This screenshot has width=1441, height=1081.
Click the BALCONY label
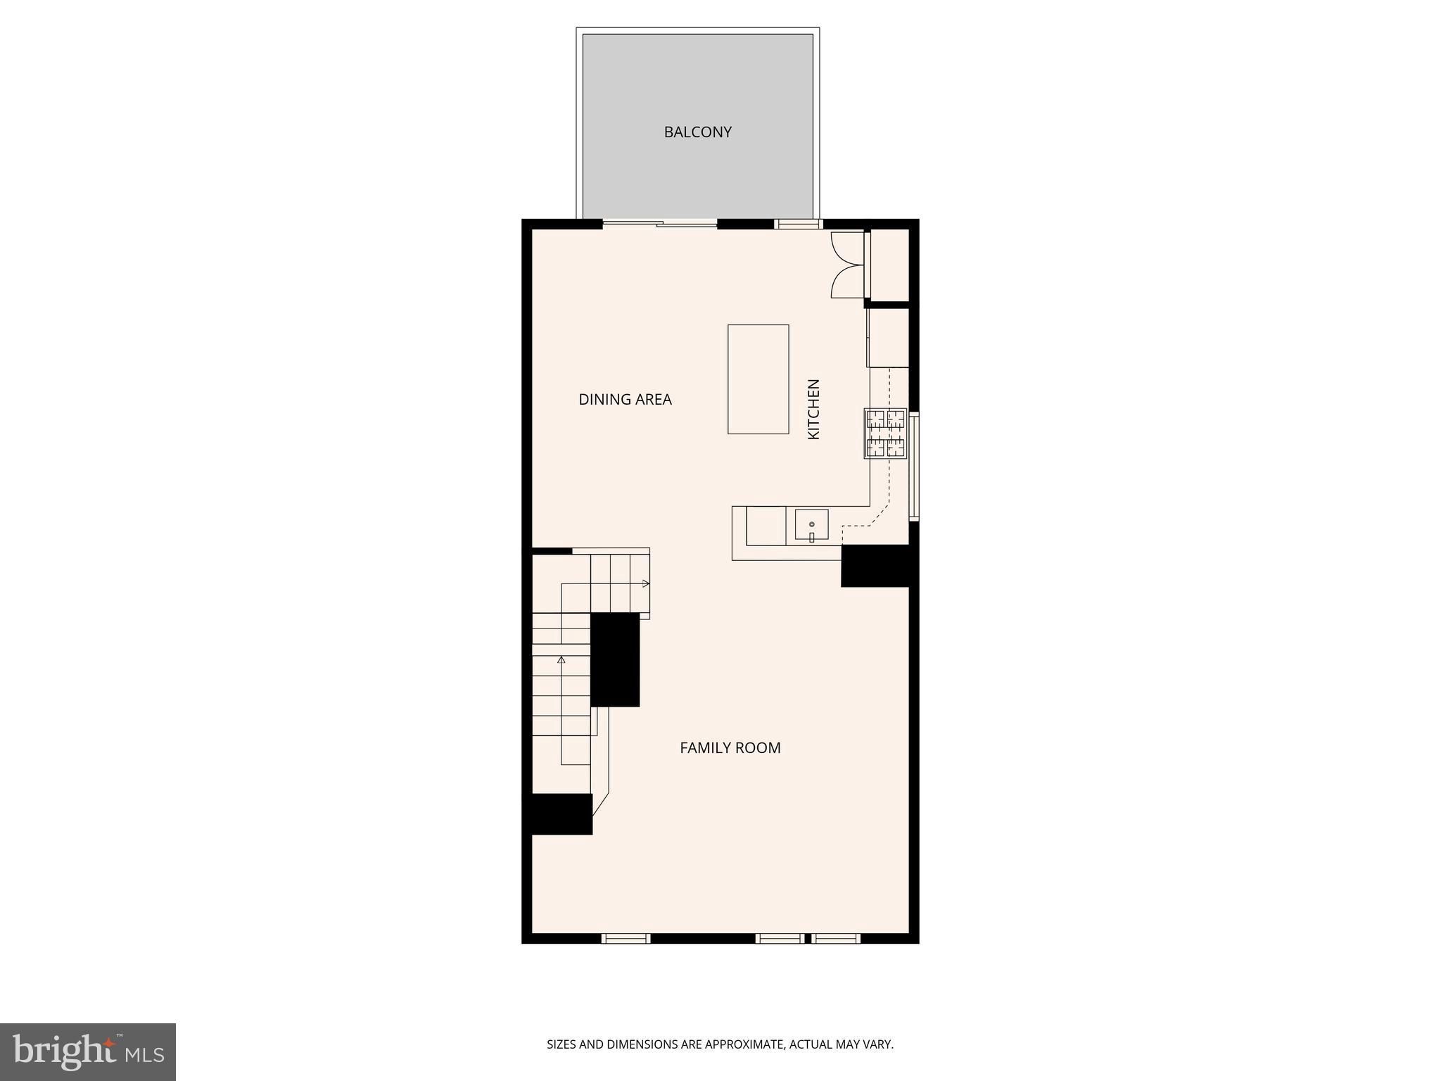click(697, 132)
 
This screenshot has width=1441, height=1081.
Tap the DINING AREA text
click(625, 399)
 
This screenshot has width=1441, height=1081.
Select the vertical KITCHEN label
click(813, 409)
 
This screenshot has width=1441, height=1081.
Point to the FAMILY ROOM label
click(730, 747)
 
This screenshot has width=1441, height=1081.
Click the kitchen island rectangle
click(758, 379)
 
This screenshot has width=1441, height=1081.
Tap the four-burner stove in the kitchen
click(885, 434)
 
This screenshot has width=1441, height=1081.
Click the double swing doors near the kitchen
click(849, 265)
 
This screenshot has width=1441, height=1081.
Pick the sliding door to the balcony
click(660, 224)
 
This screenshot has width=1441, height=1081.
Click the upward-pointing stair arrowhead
click(561, 659)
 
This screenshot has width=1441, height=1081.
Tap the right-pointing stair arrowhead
click(646, 583)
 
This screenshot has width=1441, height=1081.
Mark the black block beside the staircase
click(614, 659)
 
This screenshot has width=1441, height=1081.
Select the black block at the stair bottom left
click(557, 814)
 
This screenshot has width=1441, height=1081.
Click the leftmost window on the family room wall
click(626, 938)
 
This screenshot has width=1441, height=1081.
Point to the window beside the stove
click(914, 466)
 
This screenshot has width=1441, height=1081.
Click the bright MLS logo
click(88, 1051)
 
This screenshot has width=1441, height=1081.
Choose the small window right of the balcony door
click(799, 225)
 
